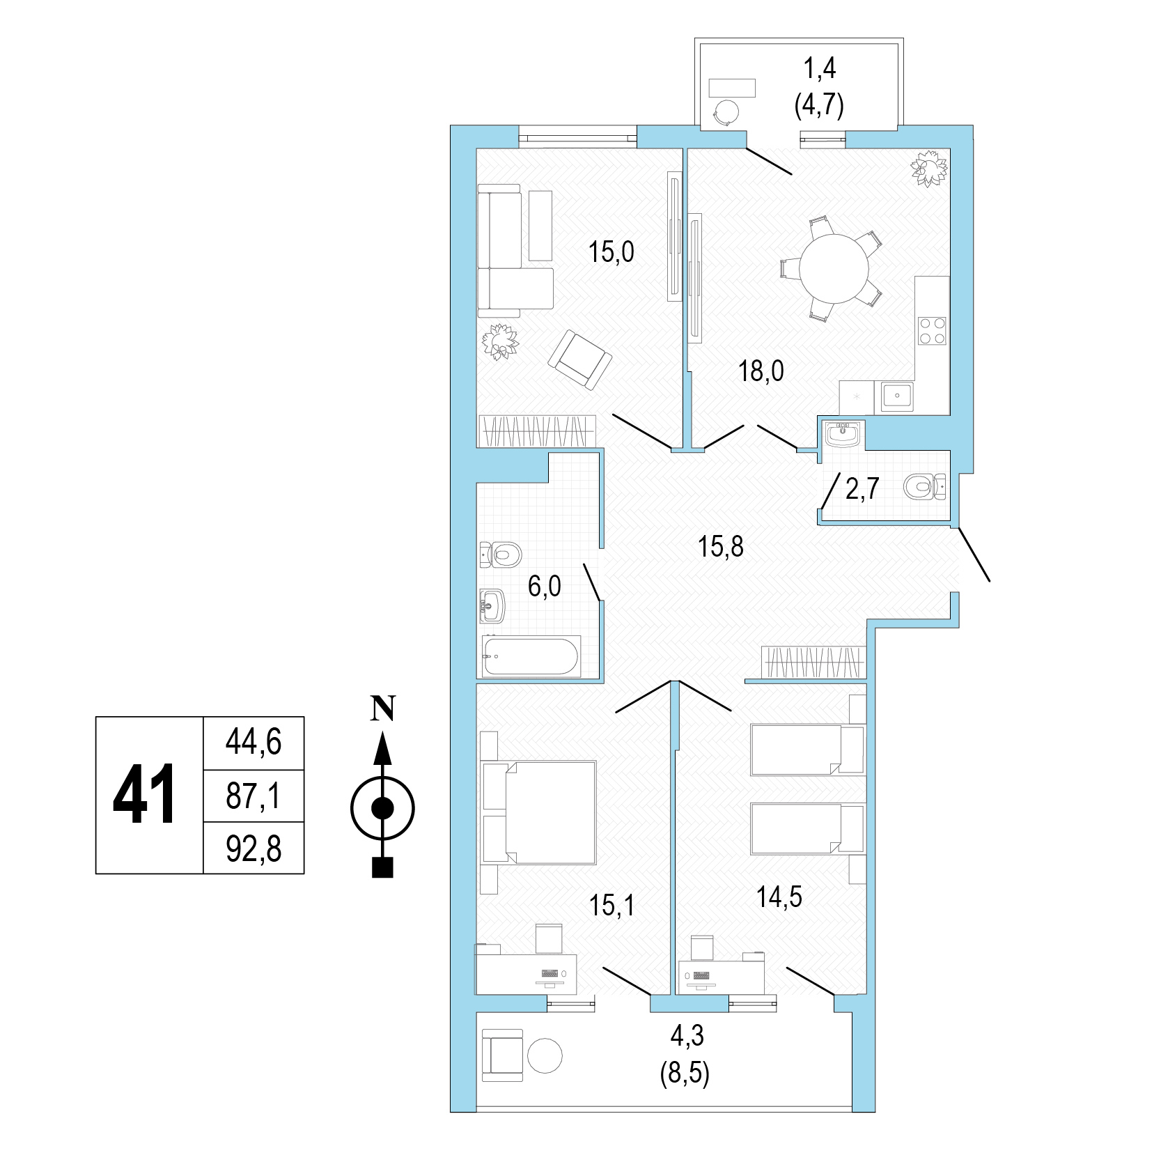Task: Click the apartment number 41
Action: pyautogui.click(x=144, y=794)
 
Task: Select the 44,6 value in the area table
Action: pyautogui.click(x=254, y=742)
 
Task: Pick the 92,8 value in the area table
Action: pyautogui.click(x=254, y=849)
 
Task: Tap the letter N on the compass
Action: pyautogui.click(x=382, y=708)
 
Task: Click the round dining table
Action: pyautogui.click(x=834, y=268)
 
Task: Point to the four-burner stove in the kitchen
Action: pyautogui.click(x=932, y=331)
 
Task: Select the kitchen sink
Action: pyautogui.click(x=897, y=396)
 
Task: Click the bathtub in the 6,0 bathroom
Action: pyautogui.click(x=531, y=657)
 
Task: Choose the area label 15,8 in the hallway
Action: pyautogui.click(x=721, y=547)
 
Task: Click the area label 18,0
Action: pyautogui.click(x=761, y=371)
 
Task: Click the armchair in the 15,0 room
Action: pyautogui.click(x=580, y=359)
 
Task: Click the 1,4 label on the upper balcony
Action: pyautogui.click(x=820, y=69)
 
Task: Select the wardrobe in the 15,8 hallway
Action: pyautogui.click(x=813, y=663)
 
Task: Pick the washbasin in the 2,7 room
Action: pyautogui.click(x=843, y=434)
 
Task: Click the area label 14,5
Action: pyautogui.click(x=779, y=897)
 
